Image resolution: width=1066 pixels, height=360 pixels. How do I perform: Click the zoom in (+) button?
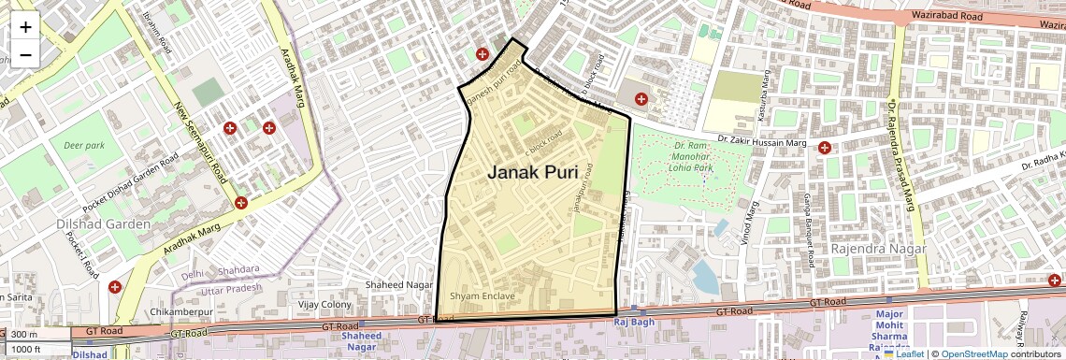25,27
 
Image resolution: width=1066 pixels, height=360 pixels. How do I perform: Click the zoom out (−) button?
25,54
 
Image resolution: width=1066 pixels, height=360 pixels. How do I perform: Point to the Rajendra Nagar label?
878,250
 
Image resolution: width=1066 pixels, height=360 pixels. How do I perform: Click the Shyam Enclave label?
483,296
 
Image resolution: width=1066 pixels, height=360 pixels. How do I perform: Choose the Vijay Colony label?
324,304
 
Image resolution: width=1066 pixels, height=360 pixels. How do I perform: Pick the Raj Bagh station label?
631,323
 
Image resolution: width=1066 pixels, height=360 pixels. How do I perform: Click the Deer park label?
84,146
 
